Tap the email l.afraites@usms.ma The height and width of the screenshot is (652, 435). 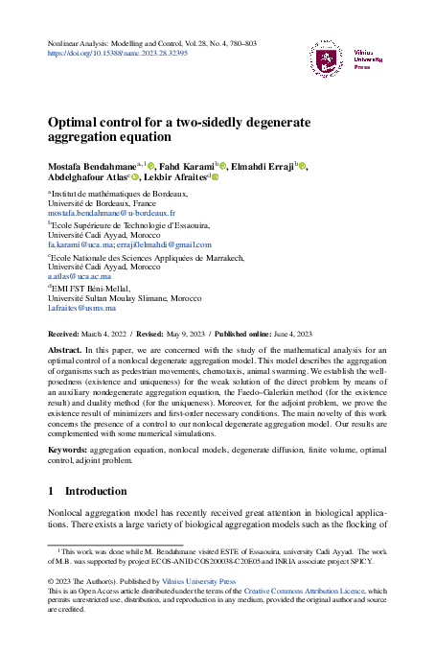pyautogui.click(x=81, y=308)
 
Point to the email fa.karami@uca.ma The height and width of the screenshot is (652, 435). pyautogui.click(x=78, y=244)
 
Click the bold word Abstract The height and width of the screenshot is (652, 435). pyautogui.click(x=65, y=351)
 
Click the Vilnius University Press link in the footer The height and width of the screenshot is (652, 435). pyautogui.click(x=199, y=580)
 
